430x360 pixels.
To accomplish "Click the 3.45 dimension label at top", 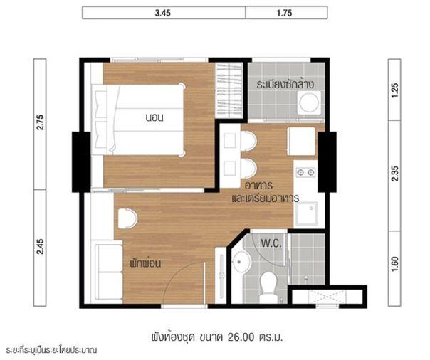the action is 162,13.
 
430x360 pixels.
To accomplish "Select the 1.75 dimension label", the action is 284,13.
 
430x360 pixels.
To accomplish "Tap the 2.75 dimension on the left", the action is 40,122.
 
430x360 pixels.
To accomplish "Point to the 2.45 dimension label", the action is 40,247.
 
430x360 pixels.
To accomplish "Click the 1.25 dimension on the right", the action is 395,90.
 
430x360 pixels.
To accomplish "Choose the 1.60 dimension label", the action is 395,264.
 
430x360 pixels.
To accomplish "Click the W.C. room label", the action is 271,243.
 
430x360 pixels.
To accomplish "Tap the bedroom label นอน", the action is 154,117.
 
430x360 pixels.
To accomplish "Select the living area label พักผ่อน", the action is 145,263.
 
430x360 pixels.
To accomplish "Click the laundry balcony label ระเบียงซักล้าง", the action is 285,84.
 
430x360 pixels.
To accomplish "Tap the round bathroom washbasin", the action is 241,261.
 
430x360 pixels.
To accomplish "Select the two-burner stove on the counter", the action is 305,172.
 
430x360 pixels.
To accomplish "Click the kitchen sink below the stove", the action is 306,213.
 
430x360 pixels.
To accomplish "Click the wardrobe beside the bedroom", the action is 229,90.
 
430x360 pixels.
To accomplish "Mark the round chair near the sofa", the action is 127,218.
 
